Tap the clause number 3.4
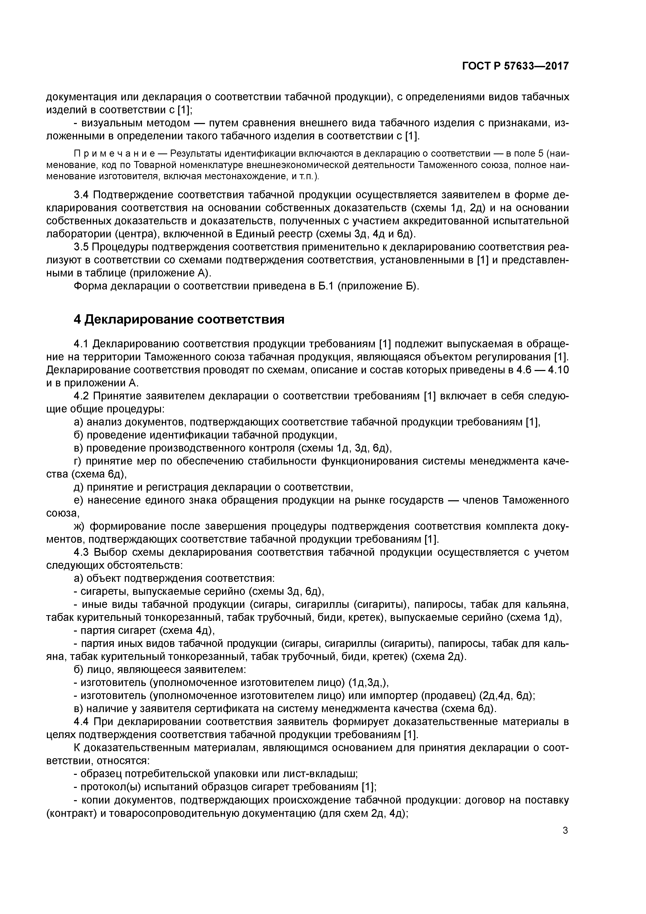[x=82, y=195]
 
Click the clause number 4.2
[x=82, y=396]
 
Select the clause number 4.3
[x=82, y=552]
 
